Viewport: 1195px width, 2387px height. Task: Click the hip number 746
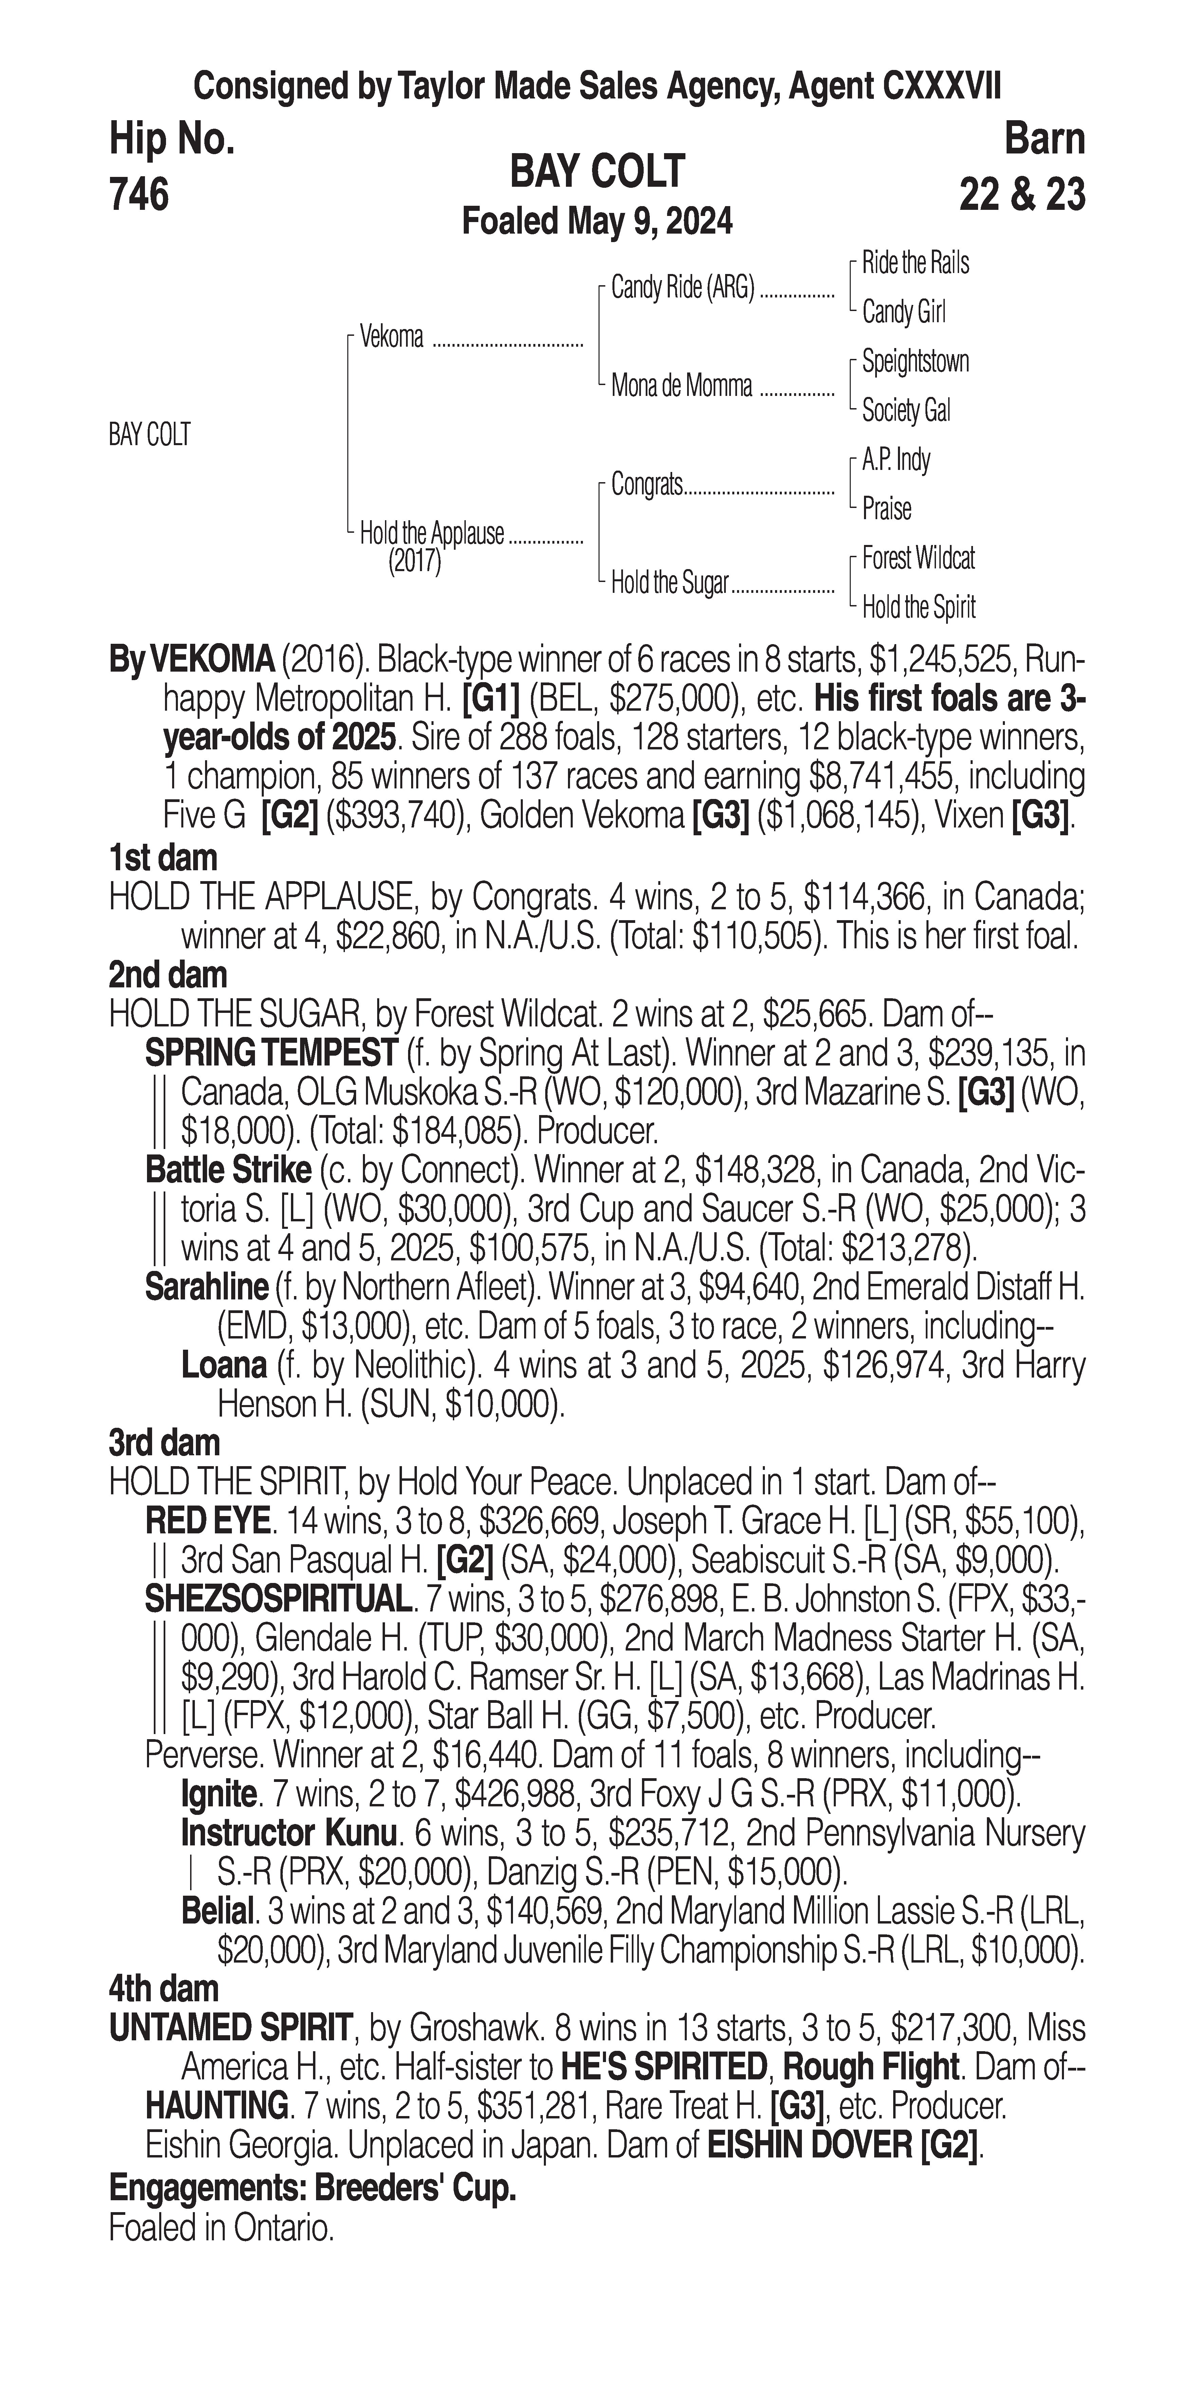tap(139, 195)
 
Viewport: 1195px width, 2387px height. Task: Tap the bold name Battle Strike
tap(228, 1170)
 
